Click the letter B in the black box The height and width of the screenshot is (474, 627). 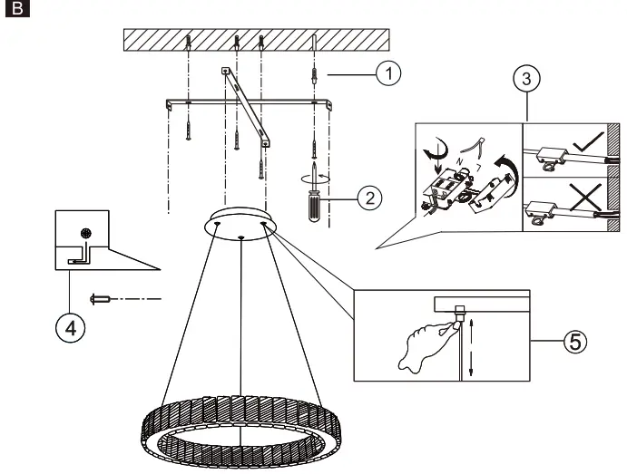[17, 8]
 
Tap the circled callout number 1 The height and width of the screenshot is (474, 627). [388, 73]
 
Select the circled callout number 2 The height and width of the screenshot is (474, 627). [370, 198]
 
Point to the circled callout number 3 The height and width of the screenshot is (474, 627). [526, 78]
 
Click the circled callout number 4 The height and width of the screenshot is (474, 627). [71, 328]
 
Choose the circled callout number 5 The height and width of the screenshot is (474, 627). [575, 342]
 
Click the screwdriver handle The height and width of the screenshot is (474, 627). [314, 206]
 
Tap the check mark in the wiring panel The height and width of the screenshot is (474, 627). [587, 141]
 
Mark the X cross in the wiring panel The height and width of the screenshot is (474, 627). [586, 197]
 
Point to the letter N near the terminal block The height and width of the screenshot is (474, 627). [460, 161]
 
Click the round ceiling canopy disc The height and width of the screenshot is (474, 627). [240, 224]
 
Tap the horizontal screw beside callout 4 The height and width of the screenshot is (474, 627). [100, 299]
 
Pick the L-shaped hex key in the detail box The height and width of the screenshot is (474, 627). [81, 256]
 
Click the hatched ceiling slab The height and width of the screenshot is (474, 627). [256, 40]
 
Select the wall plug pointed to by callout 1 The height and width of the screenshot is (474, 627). [314, 75]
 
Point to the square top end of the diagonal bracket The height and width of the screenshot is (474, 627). [225, 71]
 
